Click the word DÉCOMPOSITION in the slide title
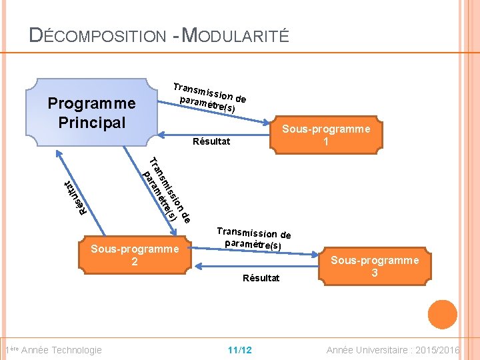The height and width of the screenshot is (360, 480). coord(97,36)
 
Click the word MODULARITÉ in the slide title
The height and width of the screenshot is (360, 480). coord(235,36)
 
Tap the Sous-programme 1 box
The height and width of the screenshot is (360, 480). coord(326,136)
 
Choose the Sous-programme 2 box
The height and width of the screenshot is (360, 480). coord(135,255)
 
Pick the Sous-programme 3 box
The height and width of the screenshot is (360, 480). coord(375,266)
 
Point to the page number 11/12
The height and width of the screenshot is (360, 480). coord(239,350)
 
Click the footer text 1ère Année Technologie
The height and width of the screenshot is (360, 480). coord(53,350)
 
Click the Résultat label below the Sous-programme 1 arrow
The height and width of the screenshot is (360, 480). coord(211,141)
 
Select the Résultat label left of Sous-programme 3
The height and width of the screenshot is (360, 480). coord(261,277)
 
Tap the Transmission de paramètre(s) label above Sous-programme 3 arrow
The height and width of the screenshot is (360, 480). coord(253,238)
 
